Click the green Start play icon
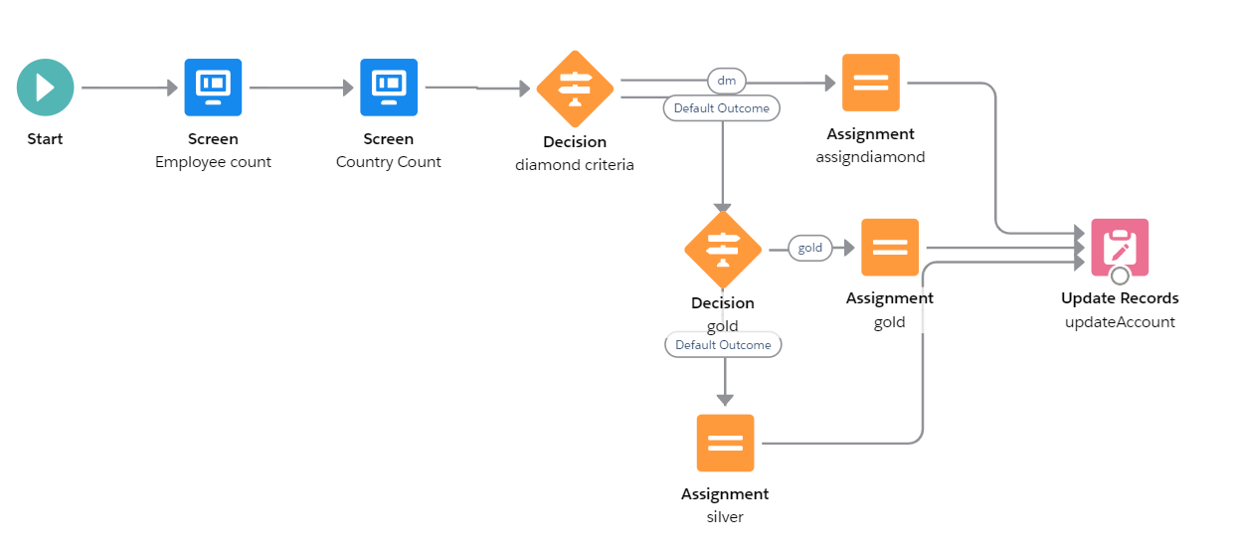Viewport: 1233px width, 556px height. (45, 88)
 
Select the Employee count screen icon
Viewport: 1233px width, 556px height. (213, 88)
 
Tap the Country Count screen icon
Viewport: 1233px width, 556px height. (389, 88)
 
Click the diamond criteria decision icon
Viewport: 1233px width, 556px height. (575, 89)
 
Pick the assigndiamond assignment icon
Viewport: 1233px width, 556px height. (870, 83)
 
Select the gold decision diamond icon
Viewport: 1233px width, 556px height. (723, 249)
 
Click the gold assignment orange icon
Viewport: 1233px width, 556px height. (890, 248)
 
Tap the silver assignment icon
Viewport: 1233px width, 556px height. (725, 443)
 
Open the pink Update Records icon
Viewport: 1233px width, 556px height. (1120, 247)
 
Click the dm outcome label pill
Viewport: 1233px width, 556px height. (726, 81)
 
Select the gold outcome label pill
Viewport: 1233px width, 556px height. (810, 248)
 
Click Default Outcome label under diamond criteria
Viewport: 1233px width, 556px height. (721, 107)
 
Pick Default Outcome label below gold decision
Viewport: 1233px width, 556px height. (723, 345)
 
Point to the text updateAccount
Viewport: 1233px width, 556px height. (1120, 321)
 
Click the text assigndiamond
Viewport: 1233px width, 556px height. (870, 156)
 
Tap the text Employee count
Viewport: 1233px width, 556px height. (213, 161)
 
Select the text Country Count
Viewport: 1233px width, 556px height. (389, 161)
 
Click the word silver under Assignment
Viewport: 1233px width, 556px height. (725, 516)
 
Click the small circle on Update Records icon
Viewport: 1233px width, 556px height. (1120, 276)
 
